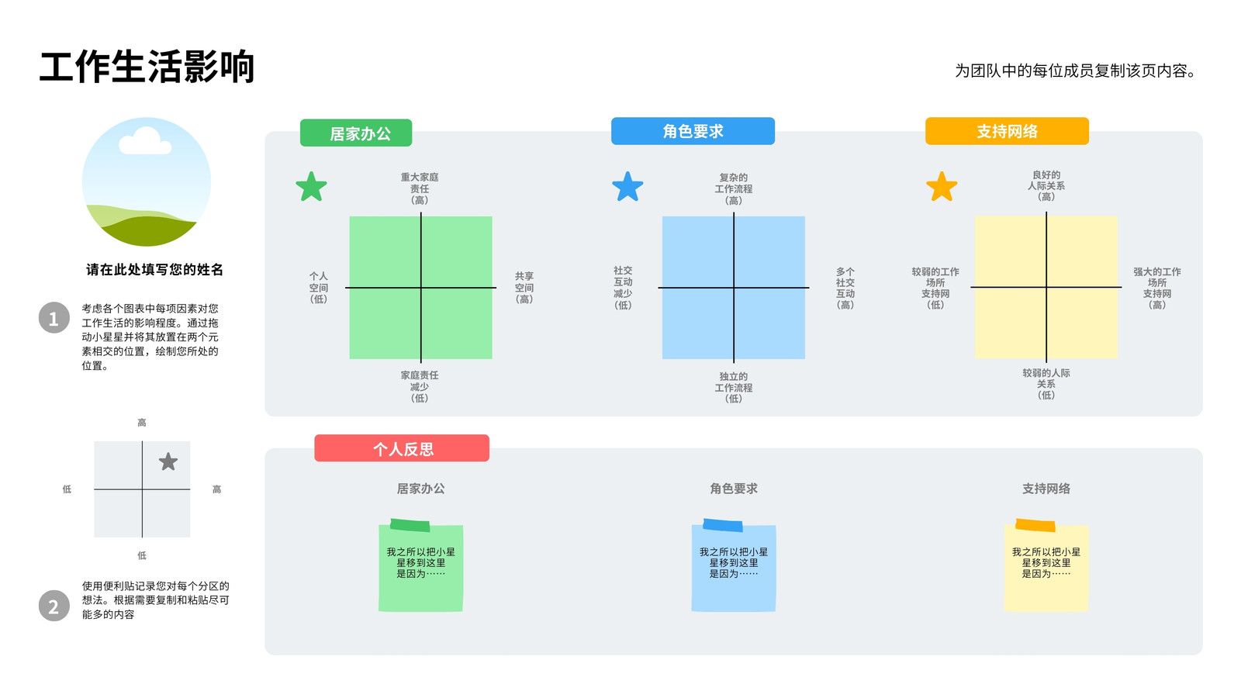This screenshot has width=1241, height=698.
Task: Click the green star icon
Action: point(311,187)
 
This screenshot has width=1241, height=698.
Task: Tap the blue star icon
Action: point(627,187)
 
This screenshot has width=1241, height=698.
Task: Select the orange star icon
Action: point(942,187)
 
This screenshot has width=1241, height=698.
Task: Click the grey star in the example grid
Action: point(168,461)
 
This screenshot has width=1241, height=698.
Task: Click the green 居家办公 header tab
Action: point(356,133)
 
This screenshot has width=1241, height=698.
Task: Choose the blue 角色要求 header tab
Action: point(693,131)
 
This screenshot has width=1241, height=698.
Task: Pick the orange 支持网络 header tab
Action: point(1007,131)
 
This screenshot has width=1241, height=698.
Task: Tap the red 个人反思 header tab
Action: point(402,448)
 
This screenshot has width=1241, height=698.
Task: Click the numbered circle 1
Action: point(54,318)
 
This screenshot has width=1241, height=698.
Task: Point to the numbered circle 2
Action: point(54,606)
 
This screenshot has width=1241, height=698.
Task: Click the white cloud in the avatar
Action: point(144,142)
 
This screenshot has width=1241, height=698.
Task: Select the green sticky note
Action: point(420,566)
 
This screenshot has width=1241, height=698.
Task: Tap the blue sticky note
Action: point(734,566)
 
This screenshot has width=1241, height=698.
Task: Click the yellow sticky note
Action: point(1046,566)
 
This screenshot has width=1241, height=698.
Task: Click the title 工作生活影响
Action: point(147,67)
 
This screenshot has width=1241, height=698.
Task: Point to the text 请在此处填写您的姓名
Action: point(154,270)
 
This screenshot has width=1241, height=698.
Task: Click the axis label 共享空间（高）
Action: point(524,288)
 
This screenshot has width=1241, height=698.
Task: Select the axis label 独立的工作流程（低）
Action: point(734,387)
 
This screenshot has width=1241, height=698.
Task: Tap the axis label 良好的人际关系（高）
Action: point(1046,185)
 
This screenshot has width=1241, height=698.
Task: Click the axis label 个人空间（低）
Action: point(319,288)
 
